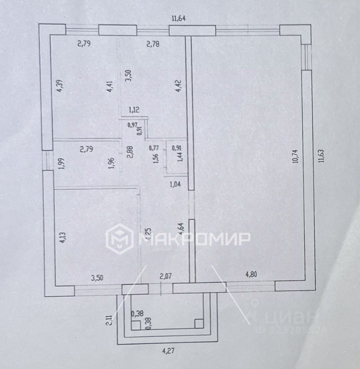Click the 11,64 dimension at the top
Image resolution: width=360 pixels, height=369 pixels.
point(180,18)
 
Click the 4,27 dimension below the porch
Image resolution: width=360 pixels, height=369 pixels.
point(167,351)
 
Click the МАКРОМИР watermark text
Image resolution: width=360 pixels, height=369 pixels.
point(193,239)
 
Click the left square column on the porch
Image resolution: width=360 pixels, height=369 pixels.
point(135,325)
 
